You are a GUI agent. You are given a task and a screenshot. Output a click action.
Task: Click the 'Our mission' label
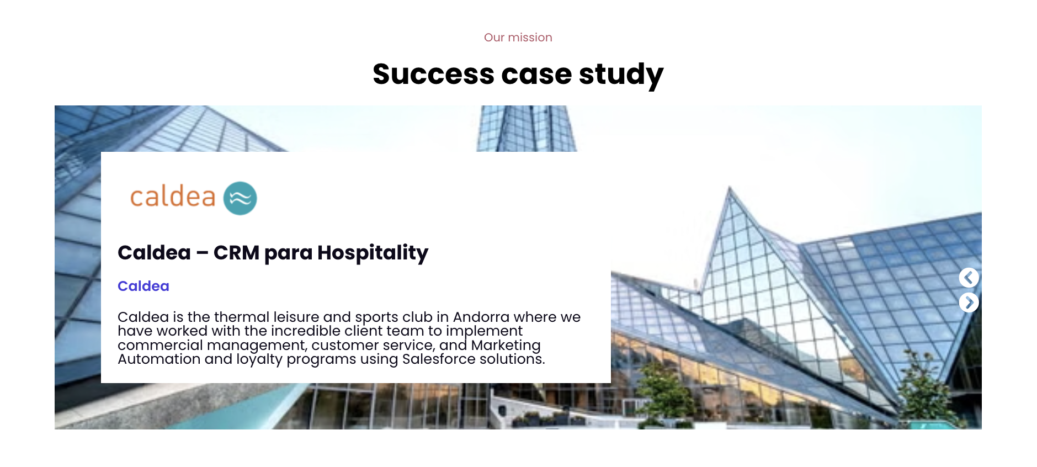click(x=518, y=38)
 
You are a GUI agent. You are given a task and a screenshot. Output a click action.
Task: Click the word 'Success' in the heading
click(x=433, y=74)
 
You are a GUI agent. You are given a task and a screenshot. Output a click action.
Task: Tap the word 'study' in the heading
click(x=621, y=75)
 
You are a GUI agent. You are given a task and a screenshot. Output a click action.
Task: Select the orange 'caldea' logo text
click(x=172, y=197)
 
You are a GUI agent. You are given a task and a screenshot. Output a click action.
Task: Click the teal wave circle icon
click(x=240, y=198)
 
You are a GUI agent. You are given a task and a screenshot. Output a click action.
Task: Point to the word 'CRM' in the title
click(x=236, y=253)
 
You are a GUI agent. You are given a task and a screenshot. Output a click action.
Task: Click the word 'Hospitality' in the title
click(x=373, y=253)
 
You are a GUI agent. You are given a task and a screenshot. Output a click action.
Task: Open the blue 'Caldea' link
click(x=143, y=286)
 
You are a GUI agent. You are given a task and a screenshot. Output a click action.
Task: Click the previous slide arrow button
click(x=969, y=278)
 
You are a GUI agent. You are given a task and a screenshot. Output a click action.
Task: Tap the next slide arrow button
click(x=969, y=303)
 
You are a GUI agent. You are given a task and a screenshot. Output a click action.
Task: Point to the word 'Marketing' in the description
click(x=506, y=346)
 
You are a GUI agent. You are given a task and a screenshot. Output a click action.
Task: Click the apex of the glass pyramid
click(x=730, y=188)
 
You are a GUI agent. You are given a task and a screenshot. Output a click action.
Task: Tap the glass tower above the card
click(x=527, y=129)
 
